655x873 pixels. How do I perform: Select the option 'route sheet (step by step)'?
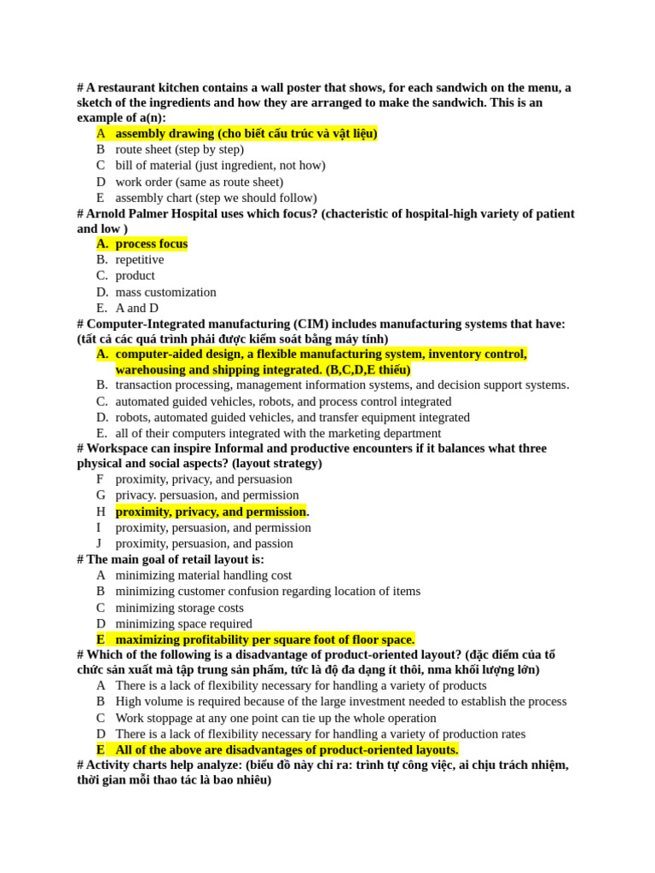pos(179,149)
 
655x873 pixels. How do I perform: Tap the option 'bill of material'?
pos(220,165)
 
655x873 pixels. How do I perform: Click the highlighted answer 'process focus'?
pos(151,244)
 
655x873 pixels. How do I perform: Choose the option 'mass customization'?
pos(165,292)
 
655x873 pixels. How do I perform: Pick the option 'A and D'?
pos(136,308)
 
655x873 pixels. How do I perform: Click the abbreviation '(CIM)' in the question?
pos(312,324)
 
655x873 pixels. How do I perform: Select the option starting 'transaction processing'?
pos(341,384)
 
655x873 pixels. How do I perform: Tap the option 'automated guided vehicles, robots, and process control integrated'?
pos(283,402)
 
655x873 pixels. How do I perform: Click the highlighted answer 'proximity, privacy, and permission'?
pos(210,512)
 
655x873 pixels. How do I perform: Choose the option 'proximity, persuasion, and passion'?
pos(204,544)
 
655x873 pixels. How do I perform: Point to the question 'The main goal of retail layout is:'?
pos(175,559)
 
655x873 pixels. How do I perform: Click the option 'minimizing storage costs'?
pos(179,608)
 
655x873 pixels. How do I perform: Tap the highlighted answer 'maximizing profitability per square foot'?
pos(264,639)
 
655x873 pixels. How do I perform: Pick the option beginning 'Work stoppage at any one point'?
pos(275,718)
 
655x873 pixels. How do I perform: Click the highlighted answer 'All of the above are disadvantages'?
pos(287,749)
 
